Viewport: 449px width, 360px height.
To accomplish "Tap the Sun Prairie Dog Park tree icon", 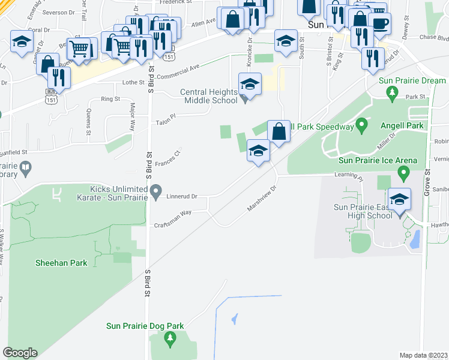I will [170, 340].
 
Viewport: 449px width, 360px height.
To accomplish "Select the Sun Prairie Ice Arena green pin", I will [403, 174].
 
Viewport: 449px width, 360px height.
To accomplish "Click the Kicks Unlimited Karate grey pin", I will [156, 192].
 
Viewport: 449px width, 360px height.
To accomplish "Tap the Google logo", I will [20, 353].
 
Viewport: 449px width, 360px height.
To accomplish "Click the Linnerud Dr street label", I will [182, 196].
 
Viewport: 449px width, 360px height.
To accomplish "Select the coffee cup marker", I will [379, 23].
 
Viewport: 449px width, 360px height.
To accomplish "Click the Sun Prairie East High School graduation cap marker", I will [399, 199].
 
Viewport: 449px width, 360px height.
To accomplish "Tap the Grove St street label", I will [429, 180].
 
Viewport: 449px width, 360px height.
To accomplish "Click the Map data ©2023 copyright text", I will [424, 355].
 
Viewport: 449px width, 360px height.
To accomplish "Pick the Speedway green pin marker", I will [361, 126].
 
